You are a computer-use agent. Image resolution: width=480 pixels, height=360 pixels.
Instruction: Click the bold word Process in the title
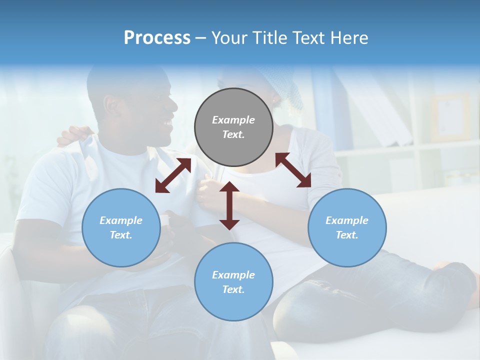(157, 38)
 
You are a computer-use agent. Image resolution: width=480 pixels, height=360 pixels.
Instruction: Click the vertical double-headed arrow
(229, 205)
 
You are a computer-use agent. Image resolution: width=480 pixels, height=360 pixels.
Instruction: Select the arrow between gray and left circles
(173, 175)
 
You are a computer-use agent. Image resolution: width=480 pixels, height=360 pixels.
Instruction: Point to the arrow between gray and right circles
(293, 170)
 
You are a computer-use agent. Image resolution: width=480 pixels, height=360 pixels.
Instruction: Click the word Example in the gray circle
(233, 120)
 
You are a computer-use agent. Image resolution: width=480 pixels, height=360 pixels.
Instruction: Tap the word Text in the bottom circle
(233, 289)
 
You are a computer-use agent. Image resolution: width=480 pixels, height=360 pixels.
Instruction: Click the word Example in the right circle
(347, 220)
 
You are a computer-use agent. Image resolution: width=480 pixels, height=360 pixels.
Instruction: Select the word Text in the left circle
(120, 235)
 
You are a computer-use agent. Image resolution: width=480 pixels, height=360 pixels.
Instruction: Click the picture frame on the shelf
(450, 117)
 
